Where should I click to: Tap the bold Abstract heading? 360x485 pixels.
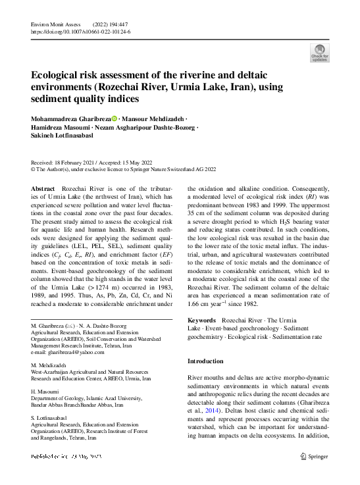[43, 188]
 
